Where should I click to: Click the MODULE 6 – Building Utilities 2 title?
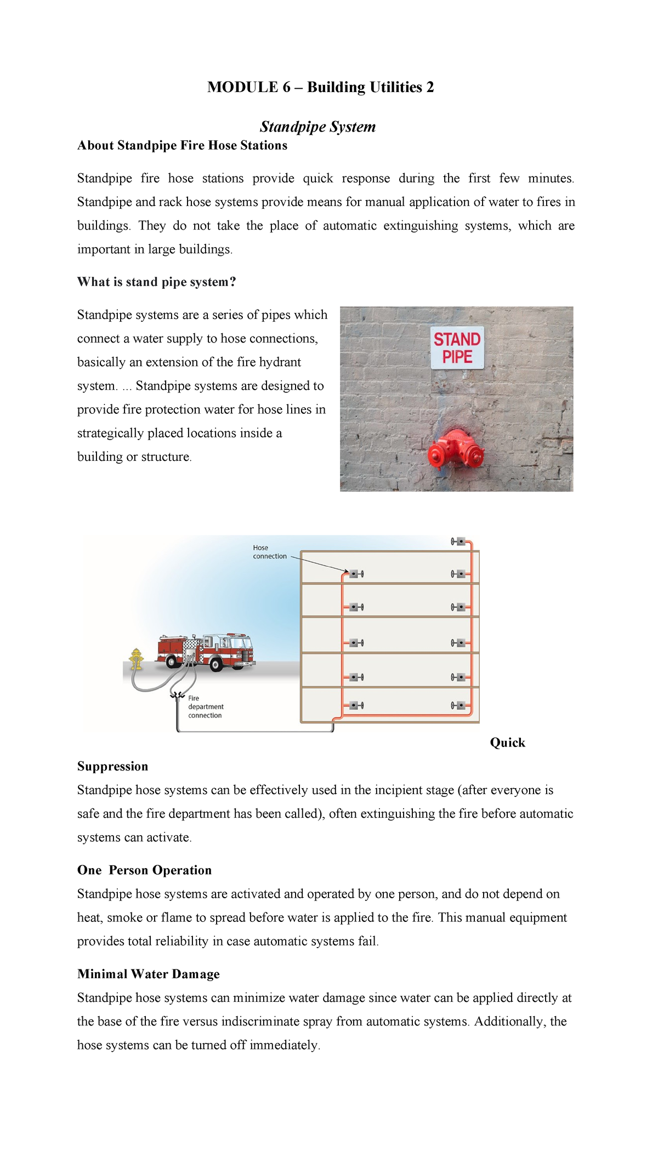[320, 87]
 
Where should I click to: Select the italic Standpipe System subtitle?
[317, 127]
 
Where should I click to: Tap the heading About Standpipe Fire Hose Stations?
[182, 146]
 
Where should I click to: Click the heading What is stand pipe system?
[156, 282]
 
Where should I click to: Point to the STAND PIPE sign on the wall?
[457, 348]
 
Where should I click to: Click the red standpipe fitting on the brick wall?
[455, 450]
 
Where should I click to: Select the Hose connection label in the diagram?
[269, 552]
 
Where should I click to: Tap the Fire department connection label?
[206, 707]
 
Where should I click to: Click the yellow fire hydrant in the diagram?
[136, 659]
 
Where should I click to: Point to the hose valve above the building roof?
[458, 541]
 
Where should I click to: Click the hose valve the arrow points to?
[356, 574]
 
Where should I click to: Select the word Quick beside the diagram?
[507, 743]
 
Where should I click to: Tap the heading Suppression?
[112, 767]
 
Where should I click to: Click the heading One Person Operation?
[144, 870]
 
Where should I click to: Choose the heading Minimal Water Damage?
[148, 974]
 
